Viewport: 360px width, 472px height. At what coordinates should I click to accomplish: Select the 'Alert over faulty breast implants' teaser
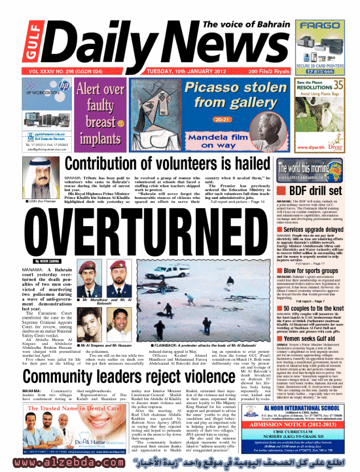[100, 114]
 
